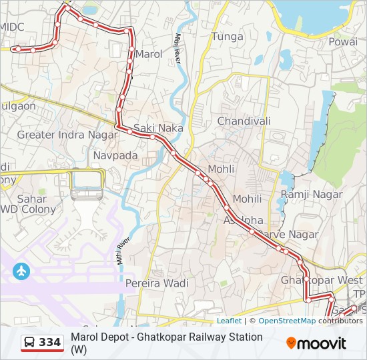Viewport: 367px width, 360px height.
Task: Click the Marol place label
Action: [149, 54]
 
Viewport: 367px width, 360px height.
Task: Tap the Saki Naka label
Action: [158, 127]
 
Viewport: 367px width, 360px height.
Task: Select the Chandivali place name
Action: [244, 121]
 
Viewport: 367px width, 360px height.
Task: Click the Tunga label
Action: [227, 37]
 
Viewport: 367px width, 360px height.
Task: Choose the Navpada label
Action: [115, 155]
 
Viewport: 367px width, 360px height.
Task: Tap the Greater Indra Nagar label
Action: [59, 135]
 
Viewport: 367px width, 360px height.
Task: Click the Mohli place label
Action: [221, 169]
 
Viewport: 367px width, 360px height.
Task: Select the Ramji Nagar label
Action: [312, 195]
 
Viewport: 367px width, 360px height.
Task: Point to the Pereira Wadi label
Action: [157, 283]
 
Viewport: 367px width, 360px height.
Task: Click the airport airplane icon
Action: [21, 271]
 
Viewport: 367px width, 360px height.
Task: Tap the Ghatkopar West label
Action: [322, 280]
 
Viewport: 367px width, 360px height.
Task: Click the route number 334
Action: [50, 343]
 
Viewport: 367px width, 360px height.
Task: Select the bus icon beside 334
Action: [30, 343]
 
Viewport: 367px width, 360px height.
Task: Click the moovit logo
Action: [316, 343]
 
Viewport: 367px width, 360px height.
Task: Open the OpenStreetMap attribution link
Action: [287, 321]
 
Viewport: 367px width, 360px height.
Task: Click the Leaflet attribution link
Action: [229, 321]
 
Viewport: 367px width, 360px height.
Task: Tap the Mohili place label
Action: [247, 199]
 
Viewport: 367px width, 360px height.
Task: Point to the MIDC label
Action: [12, 27]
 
